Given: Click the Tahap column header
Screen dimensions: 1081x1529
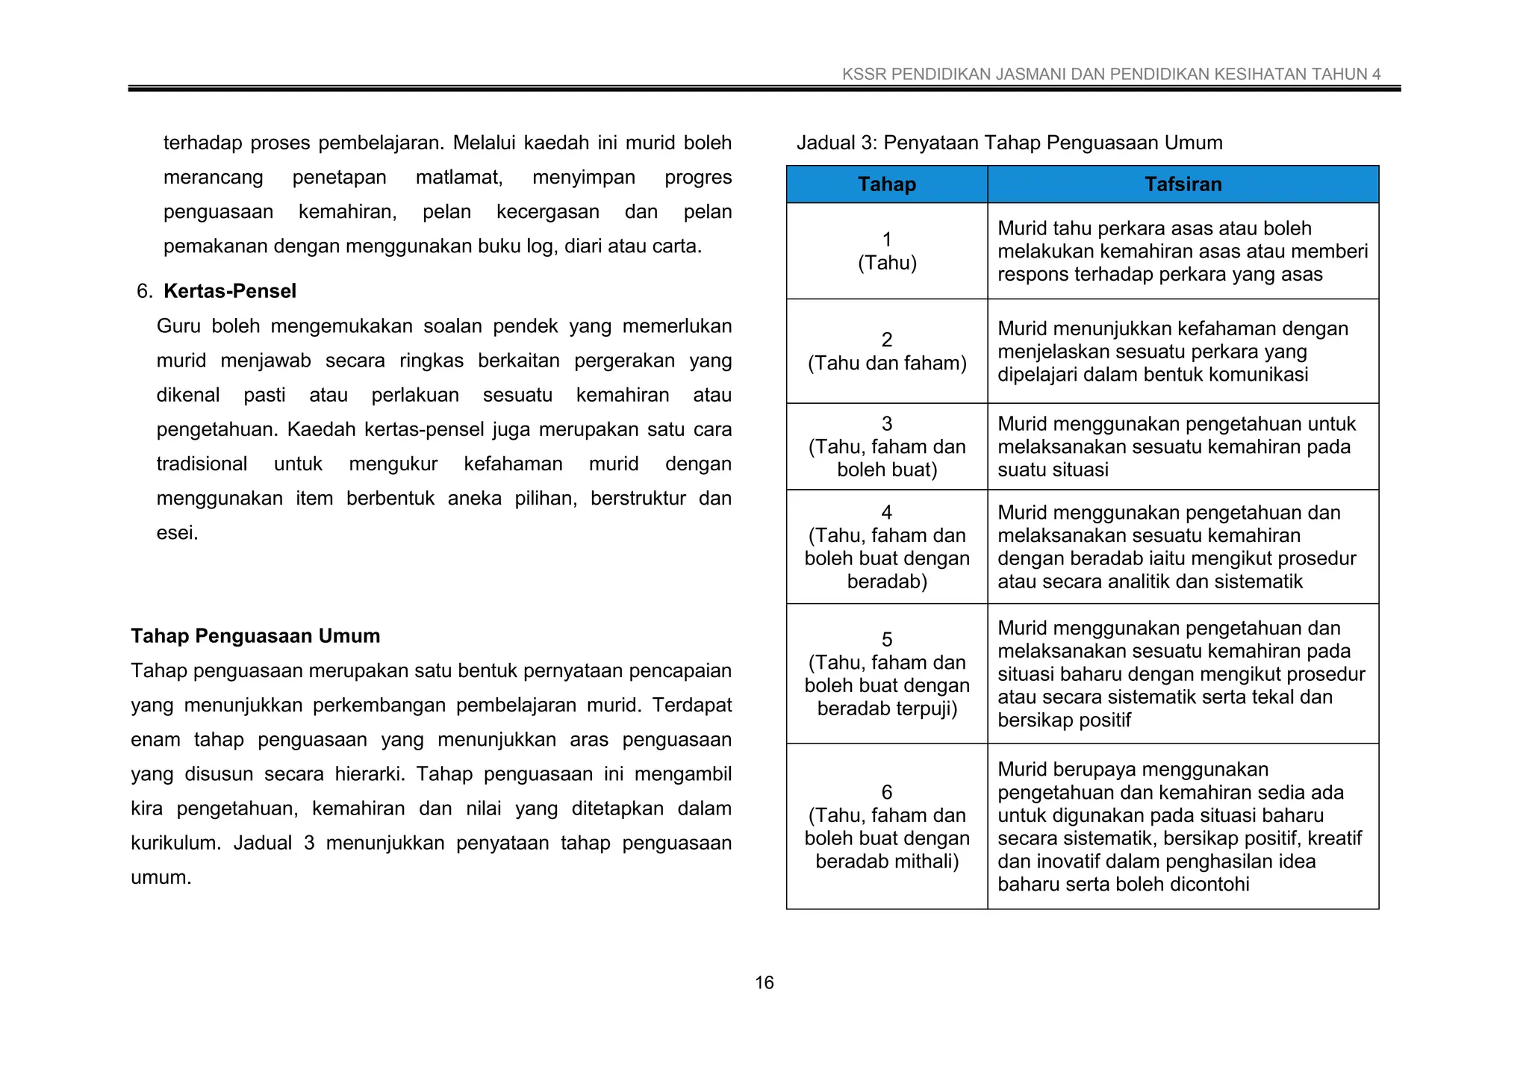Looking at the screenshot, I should pos(886,184).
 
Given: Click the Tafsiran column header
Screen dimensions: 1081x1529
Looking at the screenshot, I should pos(1183,184).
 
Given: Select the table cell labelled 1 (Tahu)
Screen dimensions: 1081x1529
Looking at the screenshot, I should pos(886,251).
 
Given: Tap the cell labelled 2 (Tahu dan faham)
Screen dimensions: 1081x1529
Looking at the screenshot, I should pos(886,352).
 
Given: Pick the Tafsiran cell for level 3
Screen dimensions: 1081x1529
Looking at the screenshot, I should pos(1183,446).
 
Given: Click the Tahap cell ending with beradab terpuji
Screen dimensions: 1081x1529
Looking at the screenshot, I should pos(886,673).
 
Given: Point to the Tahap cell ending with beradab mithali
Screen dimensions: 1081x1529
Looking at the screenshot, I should pos(886,826).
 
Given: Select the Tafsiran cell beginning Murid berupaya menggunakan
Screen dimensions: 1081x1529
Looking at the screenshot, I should pos(1183,826).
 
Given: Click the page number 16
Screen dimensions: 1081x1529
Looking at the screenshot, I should pos(764,982).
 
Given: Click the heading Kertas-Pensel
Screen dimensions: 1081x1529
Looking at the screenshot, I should pos(229,291).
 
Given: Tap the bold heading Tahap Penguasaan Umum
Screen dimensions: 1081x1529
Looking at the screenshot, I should pos(255,636).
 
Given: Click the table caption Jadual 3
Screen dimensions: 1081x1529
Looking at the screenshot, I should pos(1009,143).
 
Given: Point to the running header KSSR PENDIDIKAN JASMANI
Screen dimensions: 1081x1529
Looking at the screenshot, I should pos(1111,74).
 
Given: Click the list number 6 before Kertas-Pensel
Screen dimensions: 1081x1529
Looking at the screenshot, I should pos(143,291).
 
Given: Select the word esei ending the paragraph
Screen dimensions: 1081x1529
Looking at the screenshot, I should pos(176,533).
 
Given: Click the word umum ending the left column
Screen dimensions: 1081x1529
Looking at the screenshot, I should pos(160,878).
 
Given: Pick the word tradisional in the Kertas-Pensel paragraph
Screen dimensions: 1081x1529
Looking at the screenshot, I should pos(202,464).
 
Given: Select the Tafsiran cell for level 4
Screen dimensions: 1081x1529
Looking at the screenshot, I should pos(1183,546).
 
